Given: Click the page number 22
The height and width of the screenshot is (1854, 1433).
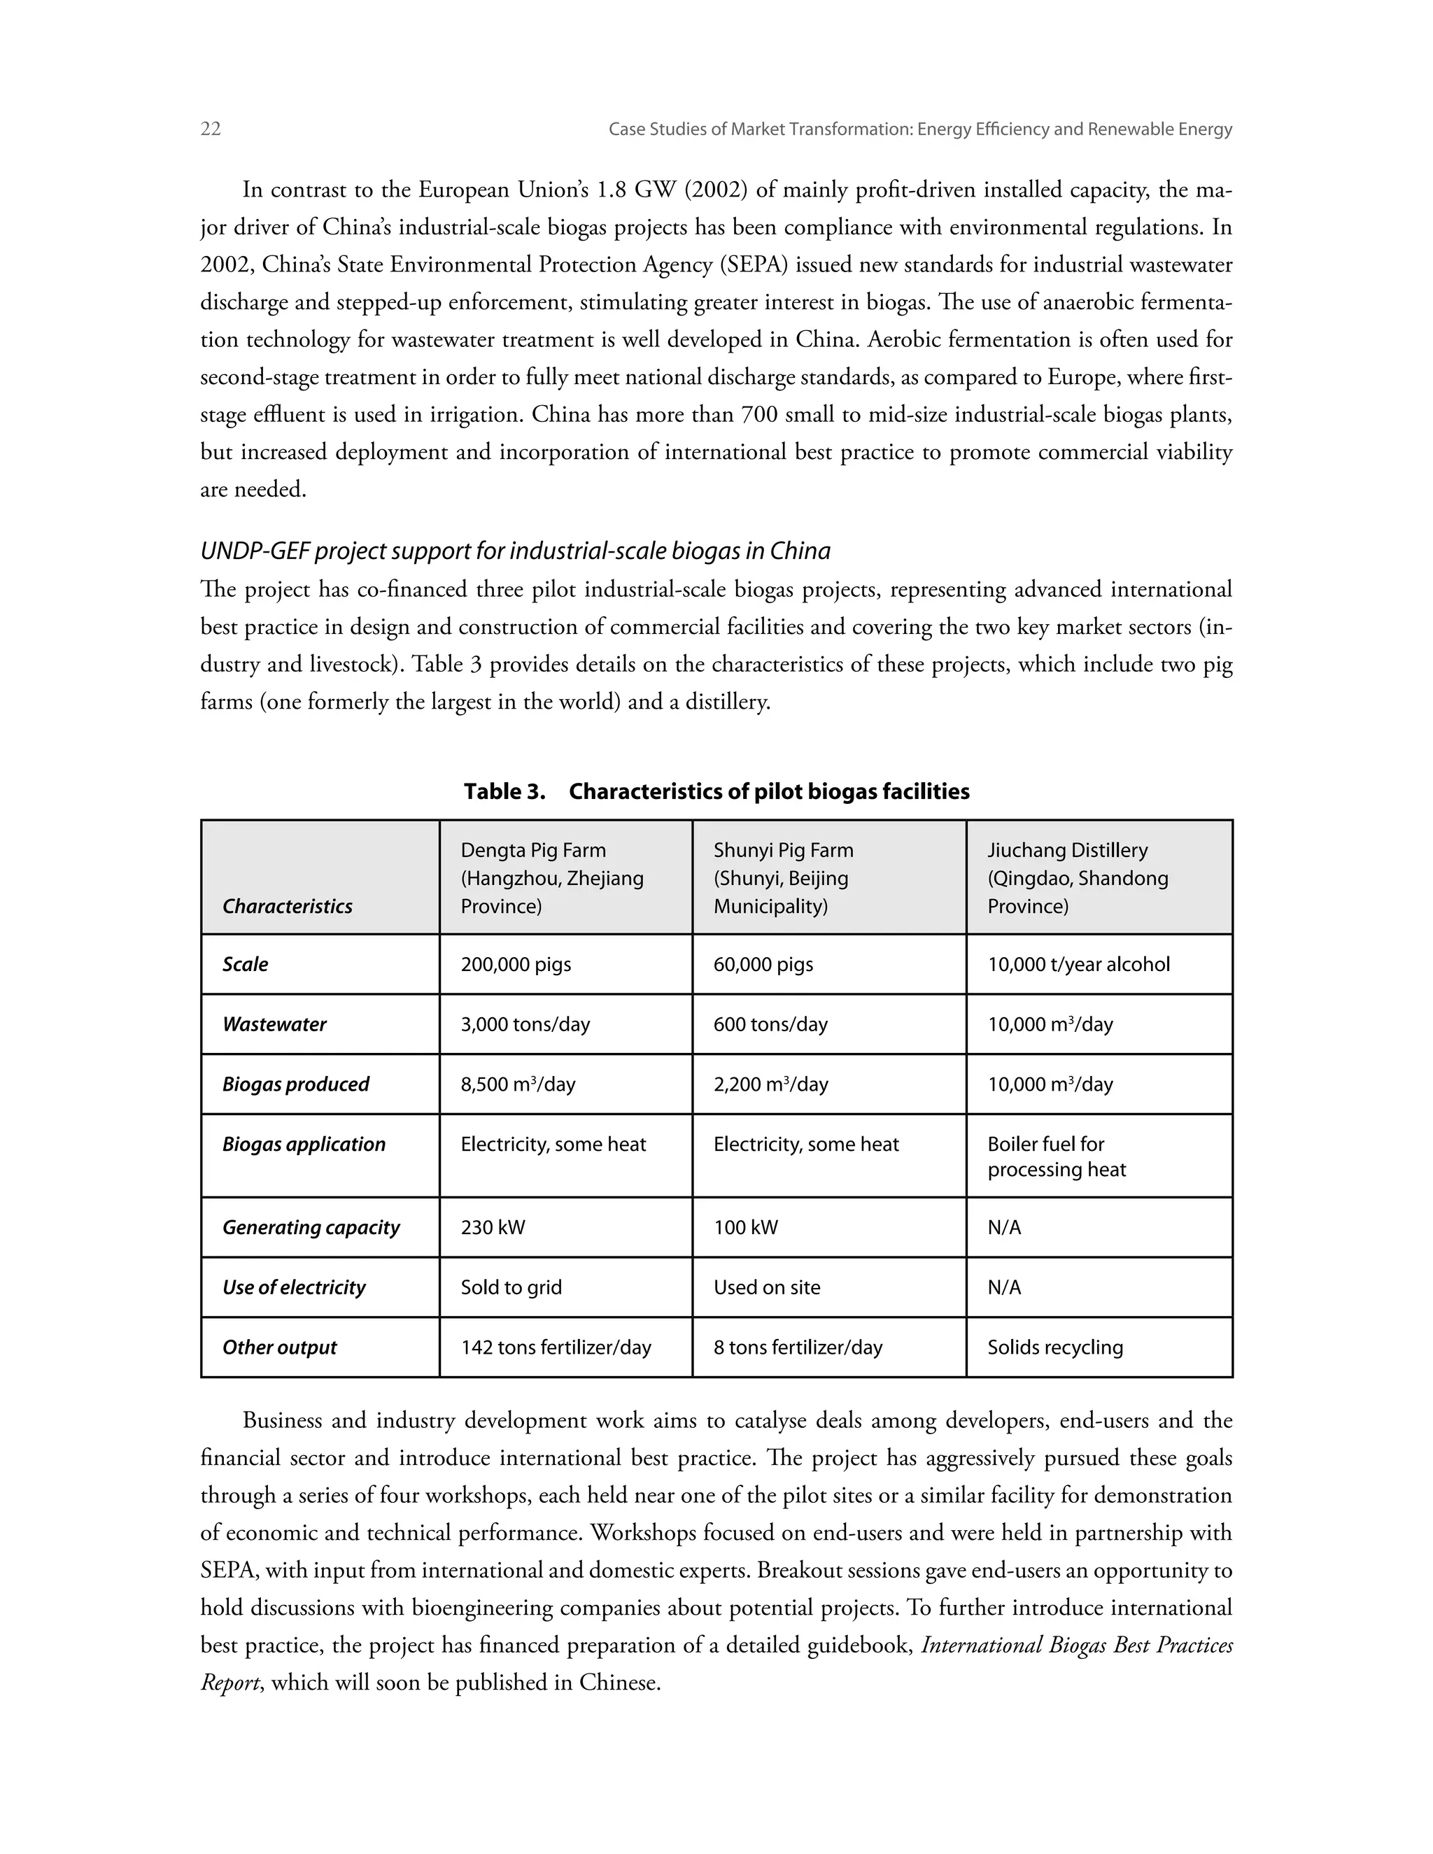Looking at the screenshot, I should (211, 129).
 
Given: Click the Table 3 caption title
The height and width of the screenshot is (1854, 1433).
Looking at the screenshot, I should (716, 791).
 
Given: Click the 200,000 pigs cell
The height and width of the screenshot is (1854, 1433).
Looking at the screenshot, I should (516, 964).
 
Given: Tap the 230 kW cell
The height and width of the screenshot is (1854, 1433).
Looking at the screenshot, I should (493, 1228).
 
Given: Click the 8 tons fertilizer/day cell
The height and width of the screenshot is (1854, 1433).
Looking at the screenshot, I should (797, 1347).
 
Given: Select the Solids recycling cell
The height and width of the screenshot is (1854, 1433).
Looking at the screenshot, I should (1054, 1347).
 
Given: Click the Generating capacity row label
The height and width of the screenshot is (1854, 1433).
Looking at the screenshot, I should (311, 1228).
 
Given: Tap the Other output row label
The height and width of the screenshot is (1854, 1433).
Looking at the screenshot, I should (279, 1347).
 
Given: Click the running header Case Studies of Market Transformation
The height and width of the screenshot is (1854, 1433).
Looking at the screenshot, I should (919, 129).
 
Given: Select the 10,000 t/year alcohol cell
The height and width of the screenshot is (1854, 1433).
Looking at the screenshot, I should (1078, 964).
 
